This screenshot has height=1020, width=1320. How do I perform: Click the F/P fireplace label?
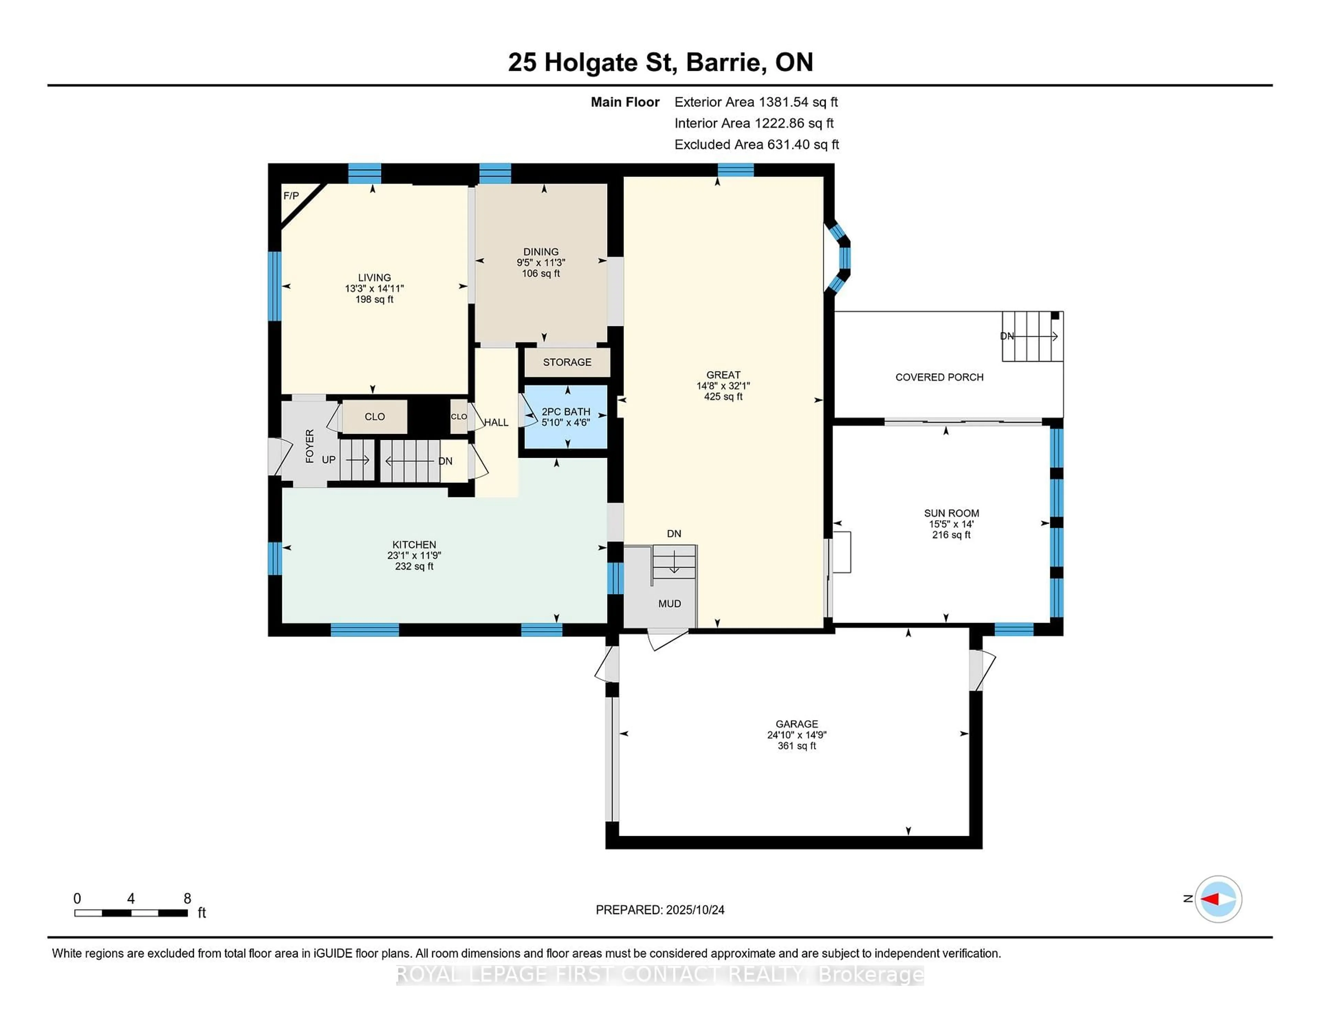(291, 196)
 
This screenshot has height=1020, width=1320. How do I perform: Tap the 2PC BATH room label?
(566, 411)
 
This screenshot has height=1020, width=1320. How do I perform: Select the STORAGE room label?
(567, 362)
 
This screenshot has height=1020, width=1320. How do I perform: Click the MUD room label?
(669, 604)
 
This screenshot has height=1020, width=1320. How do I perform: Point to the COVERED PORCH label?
(939, 377)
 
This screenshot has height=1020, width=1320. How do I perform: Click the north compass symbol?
(1218, 899)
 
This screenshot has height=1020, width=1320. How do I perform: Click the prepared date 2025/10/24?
(660, 909)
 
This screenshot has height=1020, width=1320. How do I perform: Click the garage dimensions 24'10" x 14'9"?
(796, 735)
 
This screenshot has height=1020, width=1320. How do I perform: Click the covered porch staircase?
(1032, 336)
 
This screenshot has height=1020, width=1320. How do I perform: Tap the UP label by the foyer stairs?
(328, 460)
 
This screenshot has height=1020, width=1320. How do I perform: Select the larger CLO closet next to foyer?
(375, 416)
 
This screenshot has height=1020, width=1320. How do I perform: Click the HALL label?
(496, 422)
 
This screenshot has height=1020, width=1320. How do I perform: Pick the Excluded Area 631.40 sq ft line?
(756, 144)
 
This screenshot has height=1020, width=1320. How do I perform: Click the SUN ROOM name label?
(951, 513)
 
